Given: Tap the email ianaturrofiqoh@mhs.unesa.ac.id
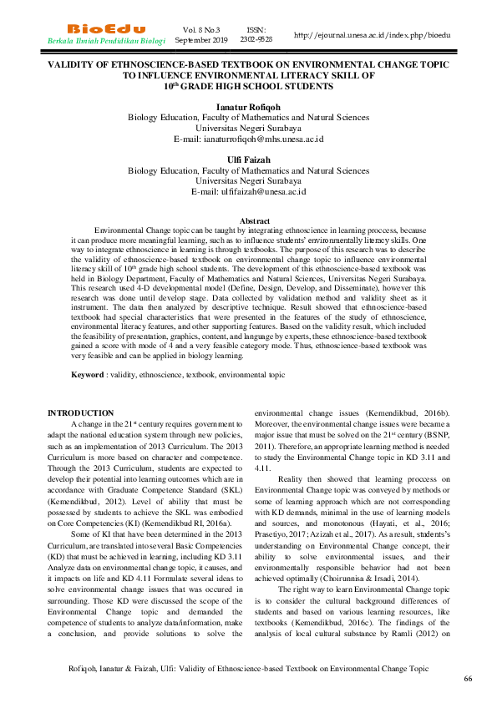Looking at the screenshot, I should point(248,139).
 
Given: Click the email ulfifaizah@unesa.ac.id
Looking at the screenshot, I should point(248,191).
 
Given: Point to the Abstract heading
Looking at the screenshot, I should point(255,220).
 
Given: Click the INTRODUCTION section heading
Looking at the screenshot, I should point(80,413).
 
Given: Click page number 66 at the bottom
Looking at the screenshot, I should point(468,679).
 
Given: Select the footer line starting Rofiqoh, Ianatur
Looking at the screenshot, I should point(248,669).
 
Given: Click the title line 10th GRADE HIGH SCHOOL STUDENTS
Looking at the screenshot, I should point(248,86).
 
